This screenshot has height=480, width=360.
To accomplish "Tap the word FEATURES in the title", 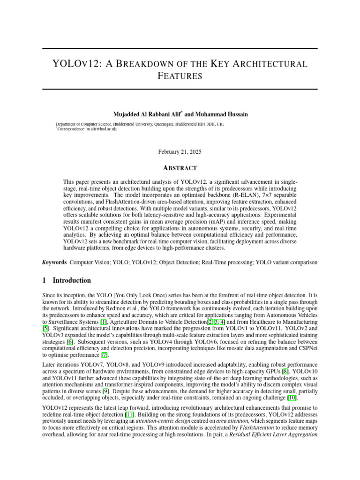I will pyautogui.click(x=180, y=76).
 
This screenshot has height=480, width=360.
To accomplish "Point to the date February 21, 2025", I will pyautogui.click(x=180, y=151).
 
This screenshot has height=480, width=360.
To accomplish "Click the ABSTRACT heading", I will pyautogui.click(x=180, y=168).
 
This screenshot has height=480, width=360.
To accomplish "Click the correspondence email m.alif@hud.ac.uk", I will pyautogui.click(x=101, y=129).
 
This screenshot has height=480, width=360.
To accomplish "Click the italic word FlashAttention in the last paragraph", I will pyautogui.click(x=255, y=428).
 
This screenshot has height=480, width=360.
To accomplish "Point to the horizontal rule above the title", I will pyautogui.click(x=180, y=49).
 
